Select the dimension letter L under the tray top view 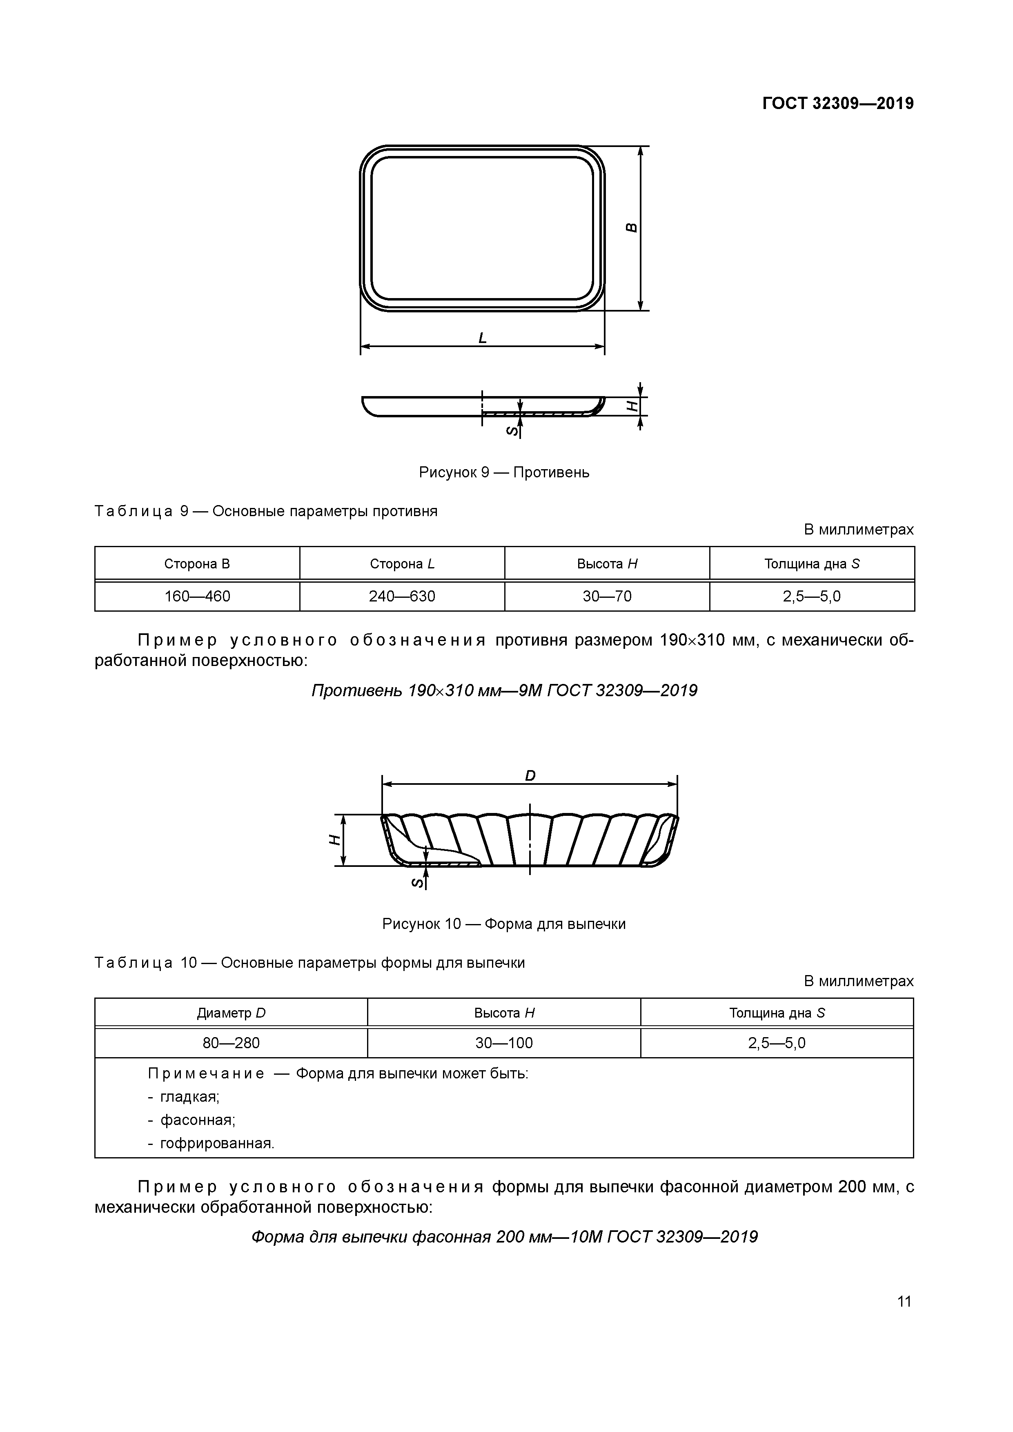482,338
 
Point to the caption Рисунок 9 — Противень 504,472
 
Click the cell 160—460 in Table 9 197,596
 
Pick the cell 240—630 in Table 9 402,596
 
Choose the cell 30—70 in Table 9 607,596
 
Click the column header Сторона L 402,564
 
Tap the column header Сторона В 197,564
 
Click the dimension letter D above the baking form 530,776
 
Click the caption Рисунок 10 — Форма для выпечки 504,924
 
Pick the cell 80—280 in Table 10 231,1043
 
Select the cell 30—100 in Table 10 504,1043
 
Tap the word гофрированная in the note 217,1143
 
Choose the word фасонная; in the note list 198,1120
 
